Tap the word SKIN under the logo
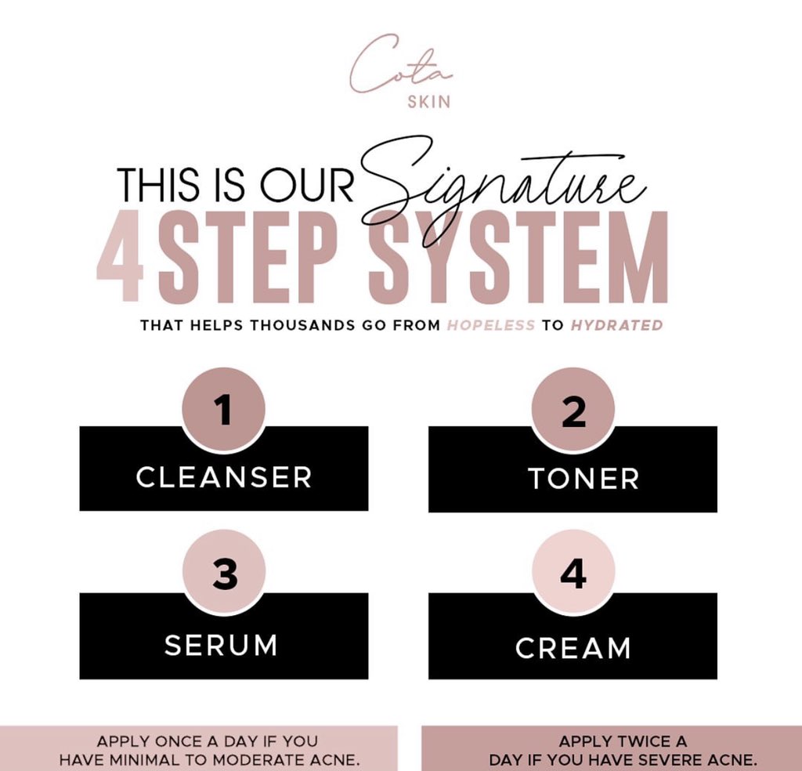(x=429, y=103)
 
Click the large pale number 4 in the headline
(x=121, y=258)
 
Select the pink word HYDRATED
(x=616, y=325)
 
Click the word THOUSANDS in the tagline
(x=302, y=325)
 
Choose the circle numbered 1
(x=224, y=410)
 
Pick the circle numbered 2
(x=573, y=410)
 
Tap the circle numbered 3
(x=224, y=576)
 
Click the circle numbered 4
(x=573, y=576)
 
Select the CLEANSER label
(x=224, y=477)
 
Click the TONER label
(x=573, y=479)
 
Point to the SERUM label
(x=221, y=645)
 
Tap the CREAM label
(x=573, y=648)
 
